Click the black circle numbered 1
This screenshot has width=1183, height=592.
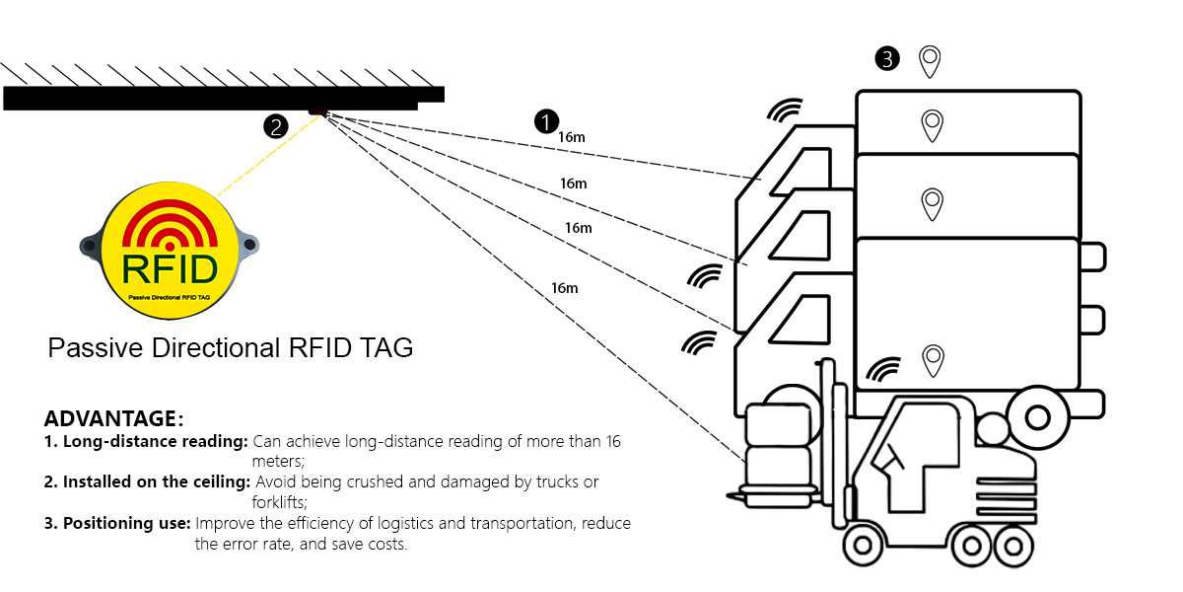pyautogui.click(x=546, y=122)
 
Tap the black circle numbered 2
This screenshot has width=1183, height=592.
pyautogui.click(x=275, y=126)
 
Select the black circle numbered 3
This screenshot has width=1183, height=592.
pyautogui.click(x=887, y=59)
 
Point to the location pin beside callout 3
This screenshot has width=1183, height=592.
pyautogui.click(x=929, y=62)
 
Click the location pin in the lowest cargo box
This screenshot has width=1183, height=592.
pyautogui.click(x=932, y=360)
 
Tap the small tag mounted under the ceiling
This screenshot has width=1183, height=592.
pyautogui.click(x=317, y=111)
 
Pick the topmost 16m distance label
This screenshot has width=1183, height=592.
pyautogui.click(x=572, y=137)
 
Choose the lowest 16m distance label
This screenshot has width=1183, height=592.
pyautogui.click(x=564, y=288)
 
